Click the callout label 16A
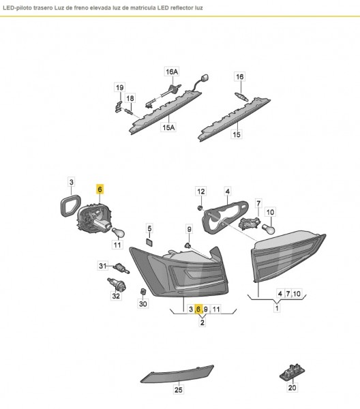(172, 72)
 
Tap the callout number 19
(120, 87)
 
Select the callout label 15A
(168, 127)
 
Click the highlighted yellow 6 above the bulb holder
(100, 189)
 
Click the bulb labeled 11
(119, 233)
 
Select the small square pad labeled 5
(149, 242)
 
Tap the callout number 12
(201, 192)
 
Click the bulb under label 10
(269, 228)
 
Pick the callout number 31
(102, 266)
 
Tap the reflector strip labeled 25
(177, 374)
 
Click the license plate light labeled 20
(292, 372)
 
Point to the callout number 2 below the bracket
(202, 322)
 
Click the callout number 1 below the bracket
(277, 308)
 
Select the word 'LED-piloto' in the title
(15, 7)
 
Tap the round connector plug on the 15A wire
(205, 78)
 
